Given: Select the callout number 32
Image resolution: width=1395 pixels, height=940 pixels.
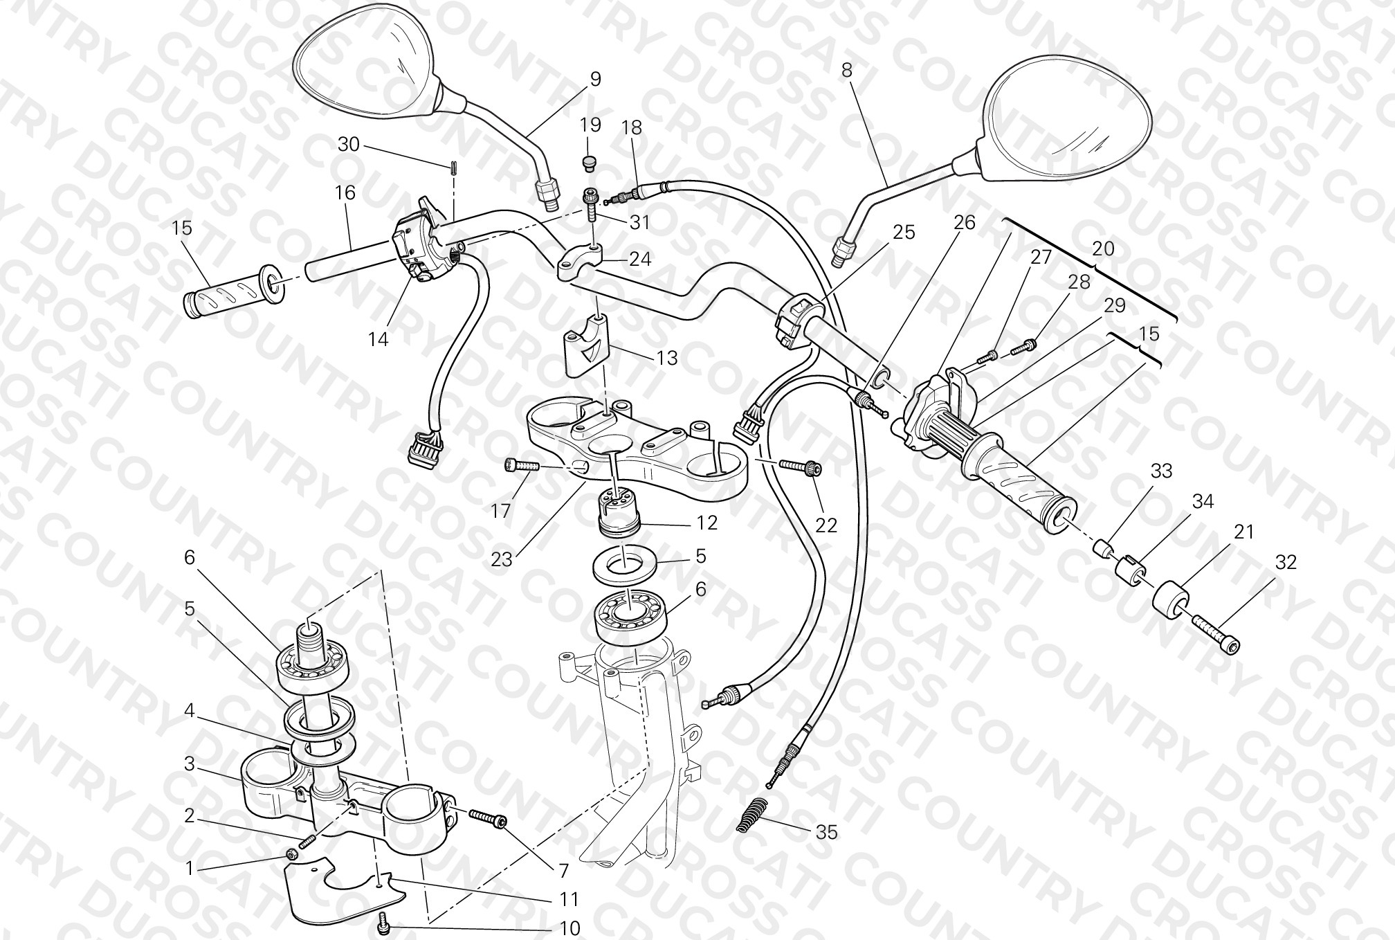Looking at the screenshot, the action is pyautogui.click(x=1286, y=563).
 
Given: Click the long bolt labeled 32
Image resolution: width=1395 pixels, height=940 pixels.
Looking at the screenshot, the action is pyautogui.click(x=1216, y=633).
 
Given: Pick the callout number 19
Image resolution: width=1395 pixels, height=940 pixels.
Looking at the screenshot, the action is pyautogui.click(x=590, y=125).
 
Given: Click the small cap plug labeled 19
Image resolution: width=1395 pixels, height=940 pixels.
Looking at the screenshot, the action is pyautogui.click(x=589, y=163).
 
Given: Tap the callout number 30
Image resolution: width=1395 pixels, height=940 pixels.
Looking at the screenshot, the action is pyautogui.click(x=349, y=144).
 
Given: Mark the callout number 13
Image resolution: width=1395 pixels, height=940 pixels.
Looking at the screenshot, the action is pyautogui.click(x=667, y=358).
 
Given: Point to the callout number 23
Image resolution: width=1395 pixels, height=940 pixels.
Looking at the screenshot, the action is pyautogui.click(x=502, y=559).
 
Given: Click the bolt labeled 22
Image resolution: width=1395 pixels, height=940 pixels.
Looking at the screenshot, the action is pyautogui.click(x=801, y=468).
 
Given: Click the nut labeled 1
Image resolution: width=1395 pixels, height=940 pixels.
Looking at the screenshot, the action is pyautogui.click(x=292, y=856).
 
